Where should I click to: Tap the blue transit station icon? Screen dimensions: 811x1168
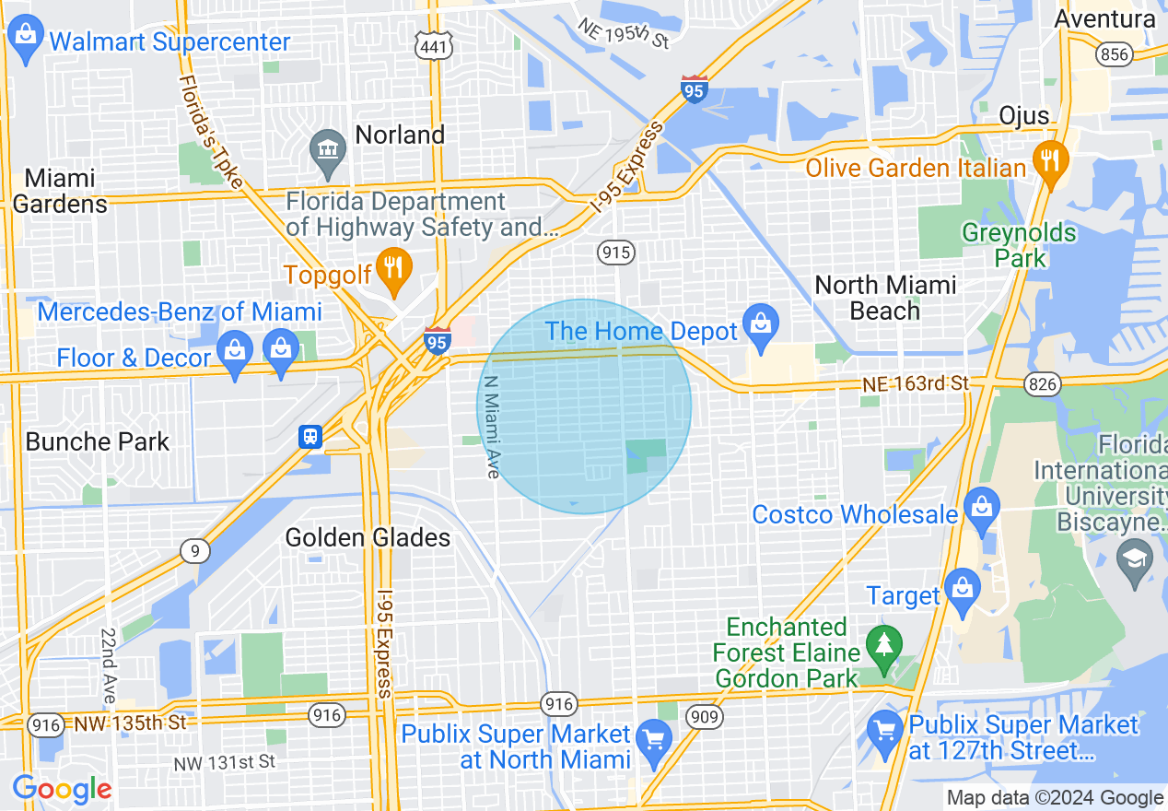(x=310, y=436)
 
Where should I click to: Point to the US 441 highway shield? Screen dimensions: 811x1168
(x=431, y=46)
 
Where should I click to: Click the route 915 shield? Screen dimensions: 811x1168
(x=614, y=252)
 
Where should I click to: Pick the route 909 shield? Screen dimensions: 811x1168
(x=705, y=715)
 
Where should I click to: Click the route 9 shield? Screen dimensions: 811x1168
(x=193, y=551)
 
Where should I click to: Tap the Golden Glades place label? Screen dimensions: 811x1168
(x=368, y=537)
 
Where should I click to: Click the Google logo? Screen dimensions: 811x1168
(x=63, y=790)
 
